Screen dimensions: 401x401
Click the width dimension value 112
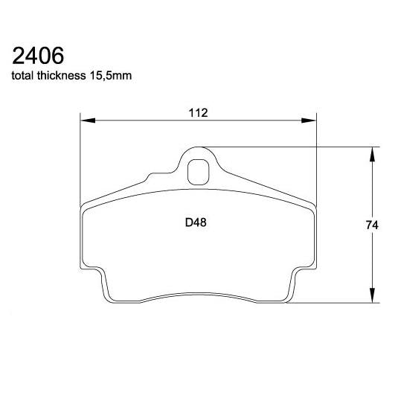tap(197, 112)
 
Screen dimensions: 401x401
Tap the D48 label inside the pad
tap(195, 221)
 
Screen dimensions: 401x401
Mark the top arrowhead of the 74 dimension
tap(372, 150)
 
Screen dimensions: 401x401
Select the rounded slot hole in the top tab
tap(198, 172)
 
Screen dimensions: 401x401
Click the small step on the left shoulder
tap(153, 176)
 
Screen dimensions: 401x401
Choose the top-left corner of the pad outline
tap(82, 204)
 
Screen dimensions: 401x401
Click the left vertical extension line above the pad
tap(80, 156)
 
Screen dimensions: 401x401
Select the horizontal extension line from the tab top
tap(298, 146)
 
